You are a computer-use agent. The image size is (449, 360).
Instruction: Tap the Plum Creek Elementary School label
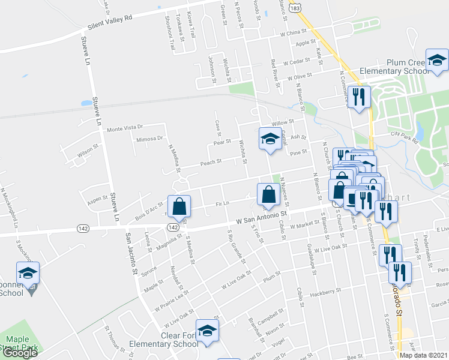(x=393, y=67)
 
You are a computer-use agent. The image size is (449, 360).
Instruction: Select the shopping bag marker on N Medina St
(x=179, y=207)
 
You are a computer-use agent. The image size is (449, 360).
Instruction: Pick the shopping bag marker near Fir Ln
(x=268, y=194)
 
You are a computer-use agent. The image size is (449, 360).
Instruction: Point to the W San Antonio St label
(x=262, y=215)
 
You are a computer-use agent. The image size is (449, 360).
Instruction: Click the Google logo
(x=19, y=353)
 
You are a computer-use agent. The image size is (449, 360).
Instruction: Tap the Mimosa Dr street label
(x=149, y=139)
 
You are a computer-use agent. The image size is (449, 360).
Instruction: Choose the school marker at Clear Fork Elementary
(x=207, y=331)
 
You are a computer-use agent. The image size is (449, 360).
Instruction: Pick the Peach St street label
(x=211, y=162)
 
